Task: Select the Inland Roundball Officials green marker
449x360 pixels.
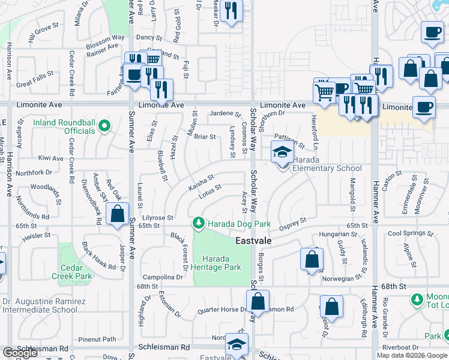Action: pos(104,126)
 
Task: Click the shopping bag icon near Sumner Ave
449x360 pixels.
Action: pos(117,214)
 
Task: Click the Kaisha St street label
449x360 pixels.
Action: pos(201,179)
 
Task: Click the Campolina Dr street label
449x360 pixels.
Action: pos(163,277)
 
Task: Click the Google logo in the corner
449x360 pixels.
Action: pos(19,353)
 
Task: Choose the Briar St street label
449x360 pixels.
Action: pos(205,136)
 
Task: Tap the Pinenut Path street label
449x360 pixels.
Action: pos(101,339)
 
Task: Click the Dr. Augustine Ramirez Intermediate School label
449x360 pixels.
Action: pos(40,305)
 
